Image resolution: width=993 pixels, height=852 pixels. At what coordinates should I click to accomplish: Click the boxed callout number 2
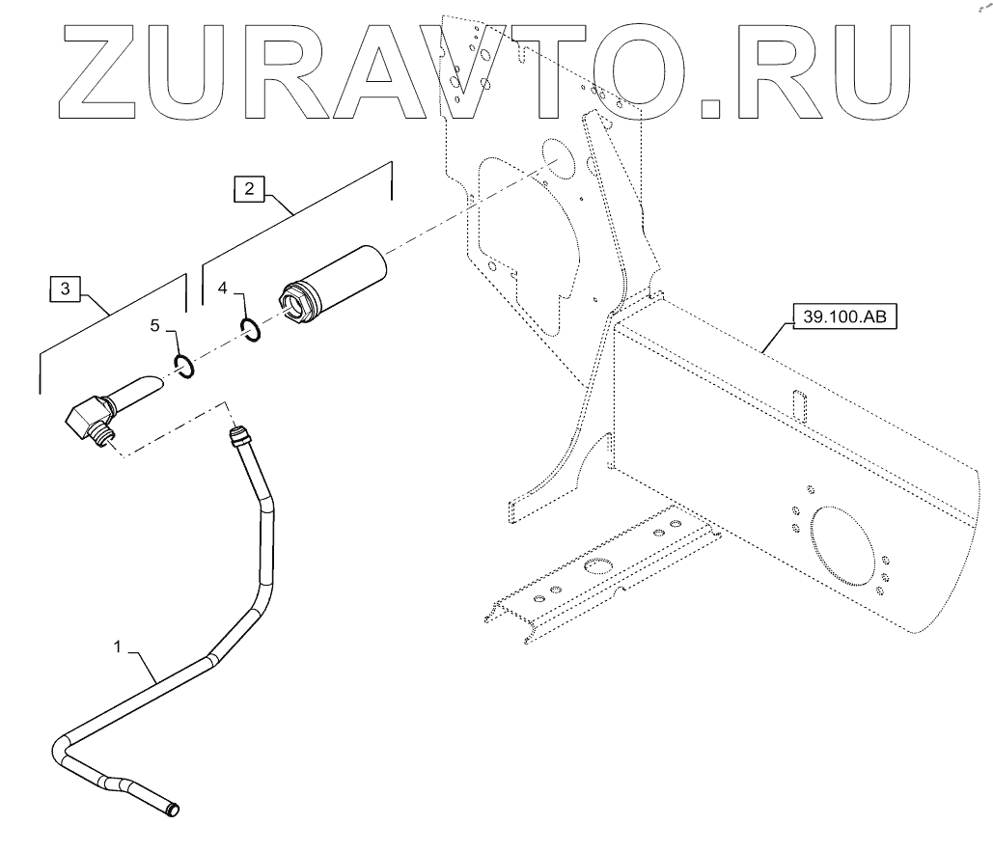tap(248, 190)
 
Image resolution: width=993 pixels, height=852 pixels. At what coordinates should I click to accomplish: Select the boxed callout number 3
tap(65, 288)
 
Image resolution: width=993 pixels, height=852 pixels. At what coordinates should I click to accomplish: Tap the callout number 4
tap(222, 289)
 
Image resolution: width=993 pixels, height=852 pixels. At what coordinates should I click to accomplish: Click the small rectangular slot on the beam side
tap(797, 405)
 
